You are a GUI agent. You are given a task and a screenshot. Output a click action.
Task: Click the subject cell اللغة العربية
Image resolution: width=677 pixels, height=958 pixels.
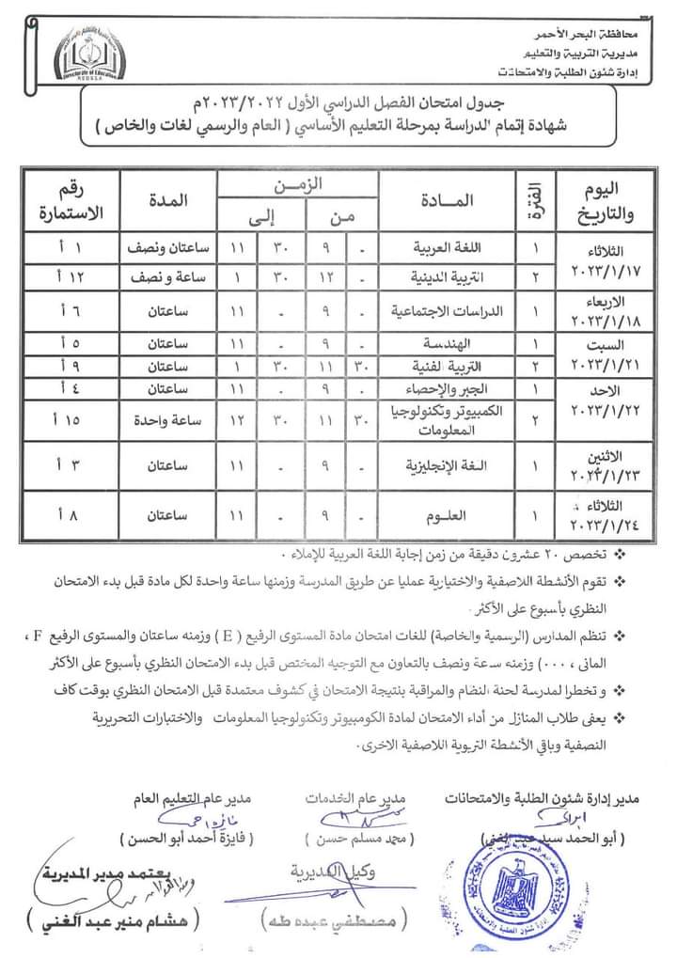pyautogui.click(x=456, y=249)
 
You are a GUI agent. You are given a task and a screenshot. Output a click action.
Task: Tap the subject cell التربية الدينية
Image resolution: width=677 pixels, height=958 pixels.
pyautogui.click(x=456, y=277)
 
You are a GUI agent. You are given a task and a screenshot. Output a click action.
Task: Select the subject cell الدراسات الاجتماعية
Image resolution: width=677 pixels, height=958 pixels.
pyautogui.click(x=456, y=309)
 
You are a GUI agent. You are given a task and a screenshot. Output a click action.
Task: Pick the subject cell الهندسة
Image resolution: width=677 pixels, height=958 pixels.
pyautogui.click(x=456, y=343)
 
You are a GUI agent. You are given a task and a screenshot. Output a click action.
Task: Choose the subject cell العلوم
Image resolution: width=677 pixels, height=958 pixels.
pyautogui.click(x=456, y=515)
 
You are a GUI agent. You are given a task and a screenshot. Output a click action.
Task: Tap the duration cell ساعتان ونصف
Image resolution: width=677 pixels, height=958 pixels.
pyautogui.click(x=167, y=249)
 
